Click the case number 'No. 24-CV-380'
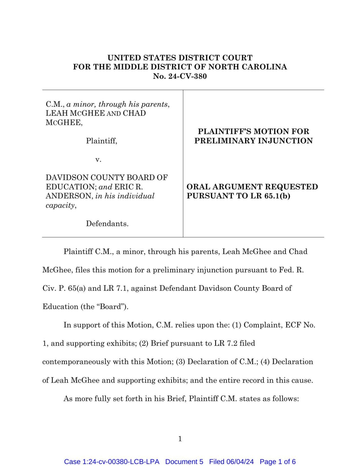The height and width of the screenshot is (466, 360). (x=180, y=76)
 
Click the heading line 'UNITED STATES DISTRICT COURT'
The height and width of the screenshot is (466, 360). (x=180, y=58)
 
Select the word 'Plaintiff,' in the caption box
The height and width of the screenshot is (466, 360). (x=102, y=141)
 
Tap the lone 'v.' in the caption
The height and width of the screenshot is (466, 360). (x=98, y=160)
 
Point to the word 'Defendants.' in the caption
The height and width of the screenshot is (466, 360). (x=107, y=224)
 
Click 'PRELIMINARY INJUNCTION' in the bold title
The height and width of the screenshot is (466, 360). (x=253, y=141)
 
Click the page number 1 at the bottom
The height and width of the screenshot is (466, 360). (x=180, y=439)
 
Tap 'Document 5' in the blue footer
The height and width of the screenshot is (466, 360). (x=184, y=461)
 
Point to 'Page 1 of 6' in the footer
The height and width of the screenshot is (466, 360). (x=277, y=461)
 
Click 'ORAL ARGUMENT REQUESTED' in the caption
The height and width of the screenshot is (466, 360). (x=252, y=187)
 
